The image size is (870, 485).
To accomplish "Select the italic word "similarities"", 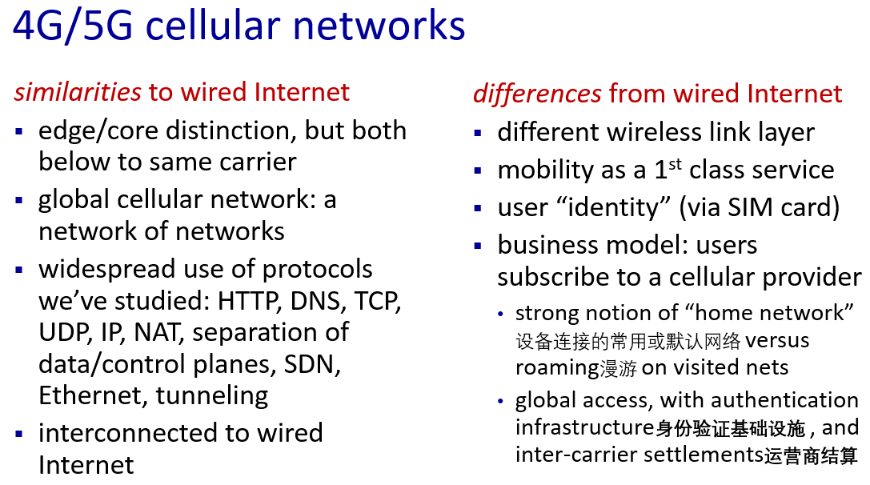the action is pos(78,91).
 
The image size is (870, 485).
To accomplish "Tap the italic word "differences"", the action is pos(537,93).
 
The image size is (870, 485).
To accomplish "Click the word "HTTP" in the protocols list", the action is pos(247,301).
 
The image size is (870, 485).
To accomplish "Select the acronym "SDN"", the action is pos(312,364).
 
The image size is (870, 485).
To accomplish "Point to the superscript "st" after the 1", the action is pos(675,164).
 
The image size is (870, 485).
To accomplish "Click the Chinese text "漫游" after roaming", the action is pos(618,368).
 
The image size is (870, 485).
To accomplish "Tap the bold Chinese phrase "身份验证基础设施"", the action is pos(730,428).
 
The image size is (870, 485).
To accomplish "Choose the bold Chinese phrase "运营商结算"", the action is pos(811,455).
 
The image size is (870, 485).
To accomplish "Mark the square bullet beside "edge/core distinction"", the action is pos(19,131).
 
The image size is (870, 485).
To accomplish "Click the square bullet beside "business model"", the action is pos(479,246).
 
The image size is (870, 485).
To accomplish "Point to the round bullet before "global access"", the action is pos(500,401).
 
